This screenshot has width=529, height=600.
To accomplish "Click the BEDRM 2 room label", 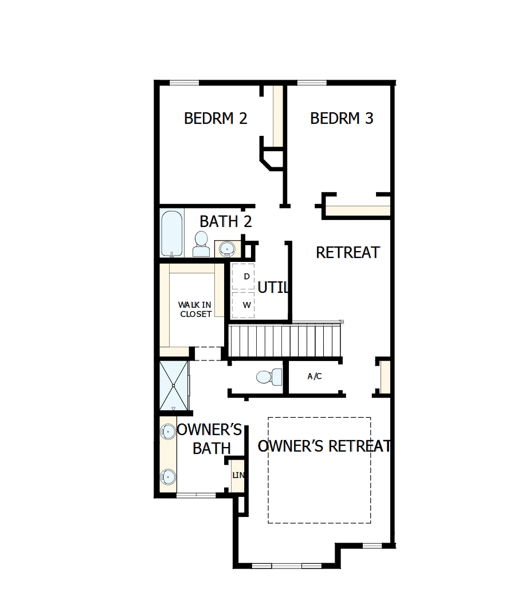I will [215, 118].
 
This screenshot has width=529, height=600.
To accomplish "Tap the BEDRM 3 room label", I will [342, 118].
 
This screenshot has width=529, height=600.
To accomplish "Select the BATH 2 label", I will [226, 221].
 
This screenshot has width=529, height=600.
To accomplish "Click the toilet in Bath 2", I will [201, 244].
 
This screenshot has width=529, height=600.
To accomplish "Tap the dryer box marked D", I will [243, 277].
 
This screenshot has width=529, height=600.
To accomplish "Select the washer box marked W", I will [243, 305].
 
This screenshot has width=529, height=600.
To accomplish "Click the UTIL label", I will [272, 288].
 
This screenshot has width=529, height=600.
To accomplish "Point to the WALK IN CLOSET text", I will [195, 309].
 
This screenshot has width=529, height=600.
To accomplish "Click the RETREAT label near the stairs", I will [348, 252].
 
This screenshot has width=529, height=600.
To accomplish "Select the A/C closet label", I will [315, 377].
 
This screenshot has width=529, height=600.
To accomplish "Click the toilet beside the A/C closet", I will [269, 377].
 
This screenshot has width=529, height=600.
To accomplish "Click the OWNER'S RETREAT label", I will [324, 446].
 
